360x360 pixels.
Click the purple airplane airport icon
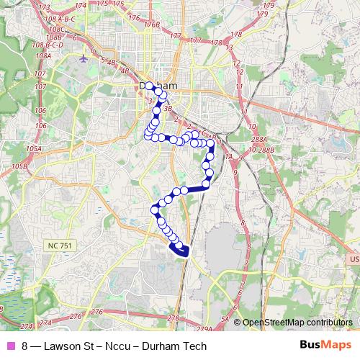coord(84,57)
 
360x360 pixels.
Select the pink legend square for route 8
coord(10,346)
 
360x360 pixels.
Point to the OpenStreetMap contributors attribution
coord(297,323)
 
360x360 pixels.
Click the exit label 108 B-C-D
coord(48,45)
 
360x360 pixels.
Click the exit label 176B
coord(150,25)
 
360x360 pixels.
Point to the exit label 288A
coord(260,140)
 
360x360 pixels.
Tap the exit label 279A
coord(205,328)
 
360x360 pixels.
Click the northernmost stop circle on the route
coord(150,86)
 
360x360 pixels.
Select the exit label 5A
coord(225,318)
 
